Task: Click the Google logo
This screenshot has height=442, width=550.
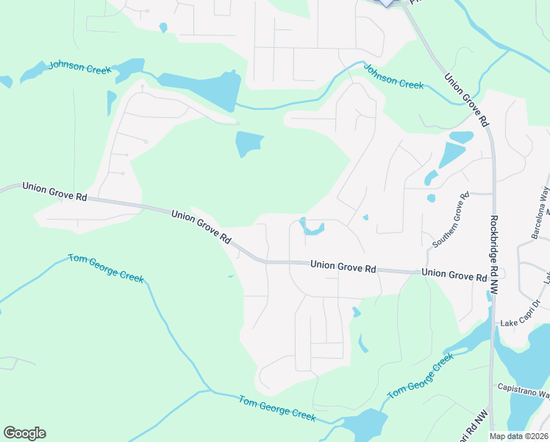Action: tap(24, 433)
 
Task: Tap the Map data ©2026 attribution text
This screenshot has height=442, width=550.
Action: tap(518, 436)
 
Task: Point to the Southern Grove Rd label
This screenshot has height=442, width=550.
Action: tap(450, 220)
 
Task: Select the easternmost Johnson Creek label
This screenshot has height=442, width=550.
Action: tap(393, 77)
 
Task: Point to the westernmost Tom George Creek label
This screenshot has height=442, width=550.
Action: tap(106, 268)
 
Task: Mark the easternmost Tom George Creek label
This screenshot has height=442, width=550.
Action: tap(421, 376)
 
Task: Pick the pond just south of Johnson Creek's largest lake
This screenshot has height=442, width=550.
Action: tap(249, 143)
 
